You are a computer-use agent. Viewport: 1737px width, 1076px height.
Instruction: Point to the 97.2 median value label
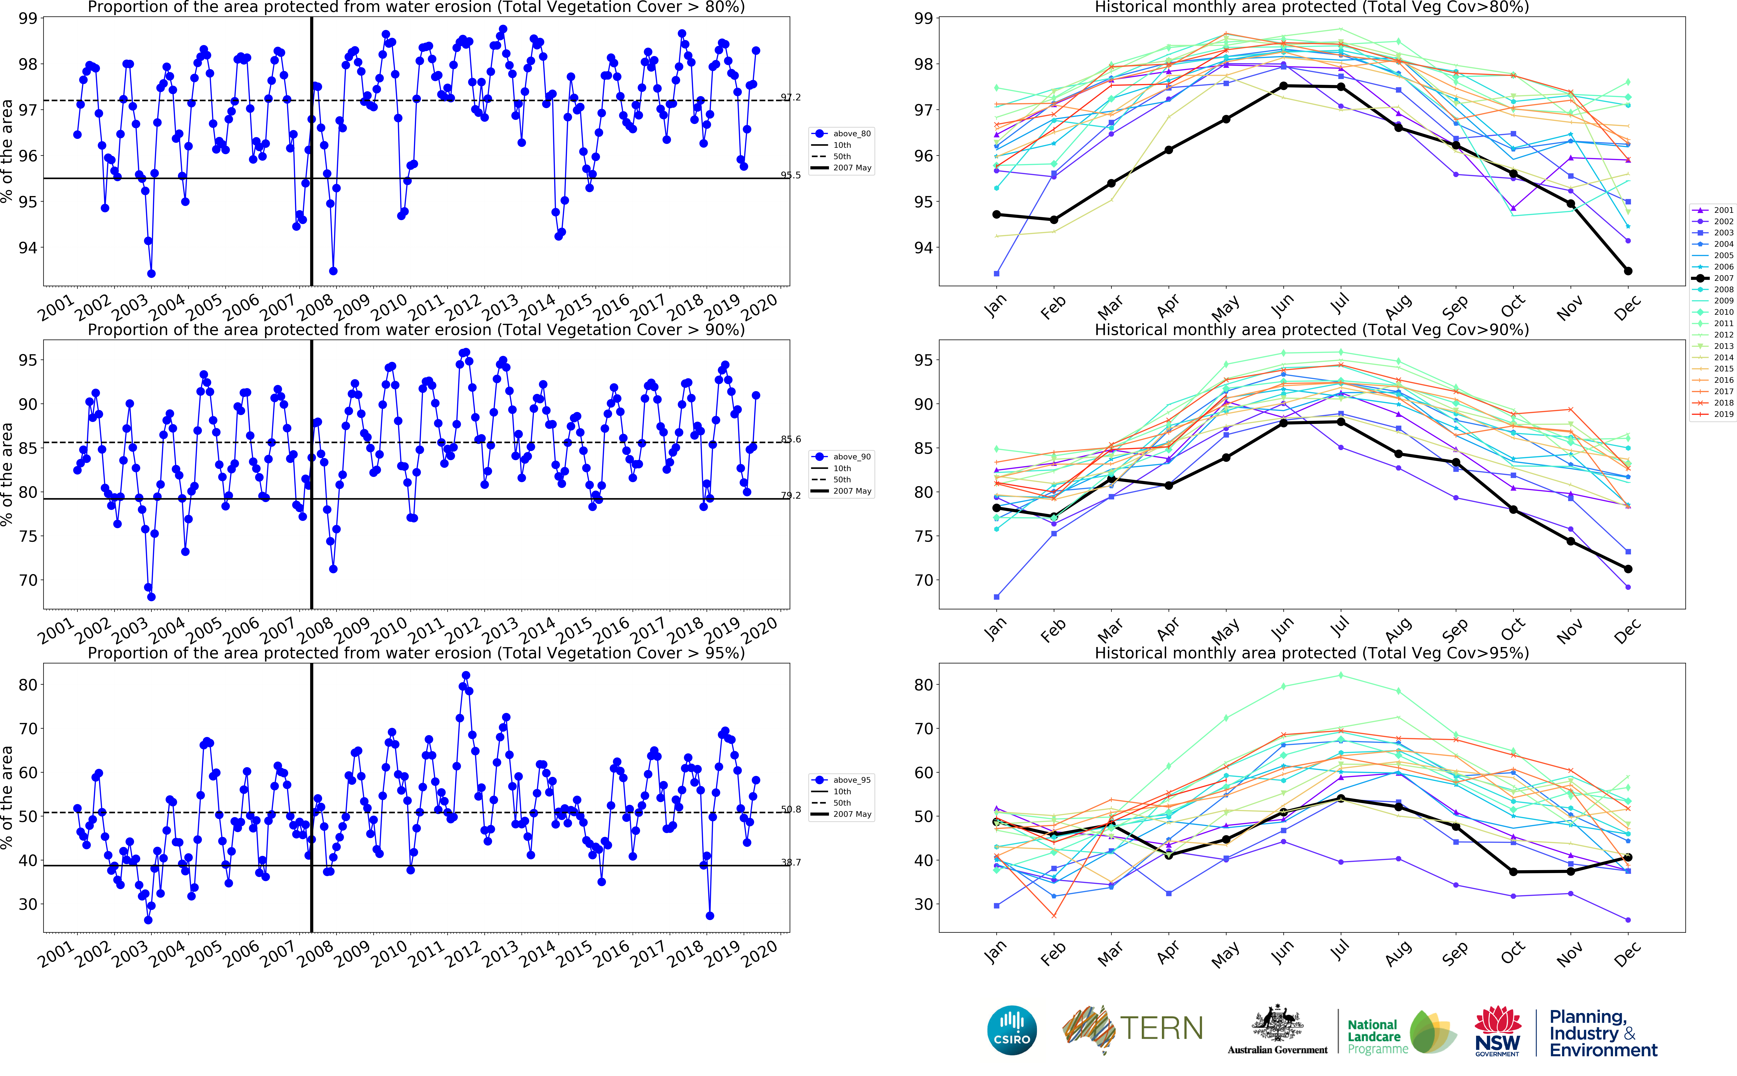coord(791,97)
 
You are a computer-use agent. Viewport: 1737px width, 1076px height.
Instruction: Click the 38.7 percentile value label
coord(791,862)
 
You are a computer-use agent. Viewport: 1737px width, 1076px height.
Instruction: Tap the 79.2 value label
coord(791,495)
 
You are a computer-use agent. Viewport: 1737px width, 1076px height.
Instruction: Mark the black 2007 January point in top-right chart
coord(996,214)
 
